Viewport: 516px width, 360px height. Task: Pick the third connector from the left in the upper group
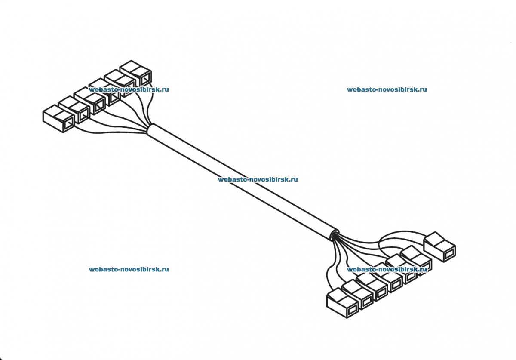point(90,101)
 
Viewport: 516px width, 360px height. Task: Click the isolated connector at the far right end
point(439,246)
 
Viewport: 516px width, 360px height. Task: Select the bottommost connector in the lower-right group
point(342,303)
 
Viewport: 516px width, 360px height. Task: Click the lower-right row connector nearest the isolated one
point(416,261)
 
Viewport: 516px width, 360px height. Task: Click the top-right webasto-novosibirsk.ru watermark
point(387,90)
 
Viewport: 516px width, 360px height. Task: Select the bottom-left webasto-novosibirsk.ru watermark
point(129,270)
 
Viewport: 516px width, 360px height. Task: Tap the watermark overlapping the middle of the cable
point(258,180)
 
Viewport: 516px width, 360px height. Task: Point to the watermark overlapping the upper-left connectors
point(129,90)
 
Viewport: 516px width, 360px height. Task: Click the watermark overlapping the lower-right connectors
point(387,270)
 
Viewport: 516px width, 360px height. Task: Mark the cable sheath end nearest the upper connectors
point(150,130)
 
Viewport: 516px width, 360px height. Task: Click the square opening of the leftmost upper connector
point(68,124)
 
